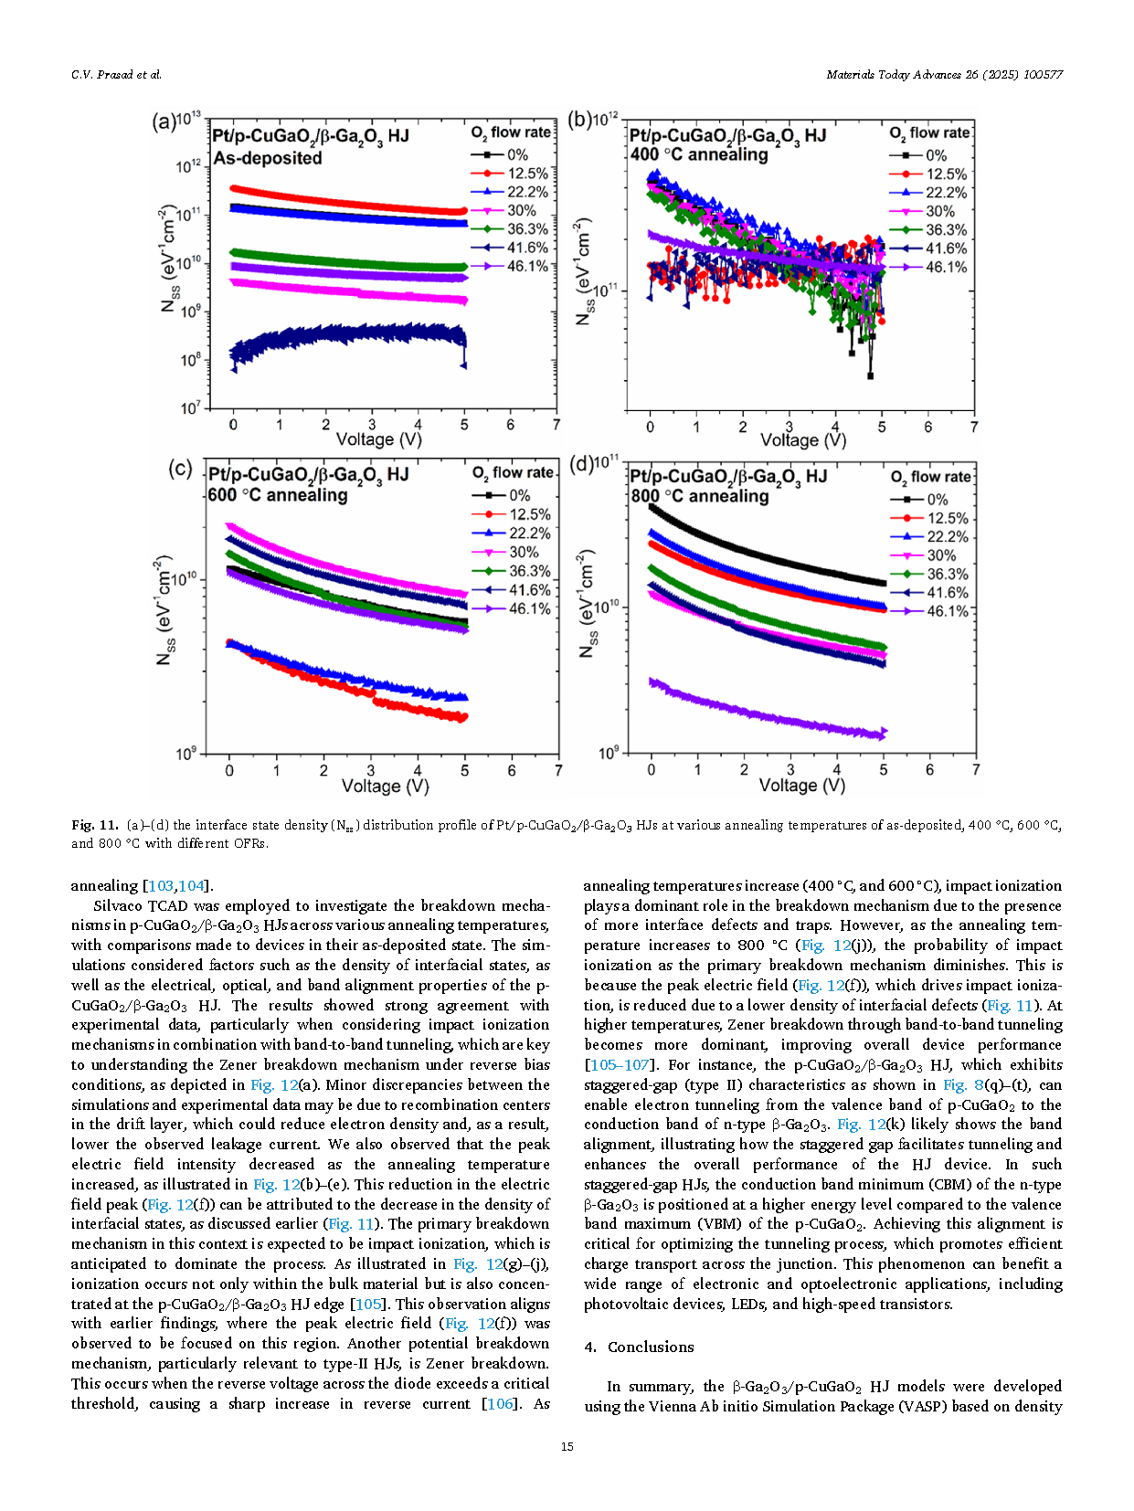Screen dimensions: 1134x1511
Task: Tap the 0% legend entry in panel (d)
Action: click(919, 500)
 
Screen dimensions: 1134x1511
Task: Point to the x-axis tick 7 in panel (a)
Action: click(556, 425)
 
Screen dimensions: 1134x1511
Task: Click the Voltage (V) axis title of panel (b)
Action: click(803, 440)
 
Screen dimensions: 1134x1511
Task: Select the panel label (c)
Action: click(180, 470)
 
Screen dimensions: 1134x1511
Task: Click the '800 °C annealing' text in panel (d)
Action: click(700, 496)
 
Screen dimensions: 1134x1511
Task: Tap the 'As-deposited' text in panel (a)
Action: click(268, 158)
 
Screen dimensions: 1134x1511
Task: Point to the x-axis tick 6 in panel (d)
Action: click(929, 769)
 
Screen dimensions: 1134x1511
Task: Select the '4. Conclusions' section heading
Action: click(639, 1347)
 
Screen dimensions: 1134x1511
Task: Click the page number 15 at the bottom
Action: click(567, 1446)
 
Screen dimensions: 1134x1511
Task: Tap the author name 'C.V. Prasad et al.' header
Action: click(116, 74)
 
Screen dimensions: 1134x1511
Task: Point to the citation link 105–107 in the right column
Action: click(620, 1065)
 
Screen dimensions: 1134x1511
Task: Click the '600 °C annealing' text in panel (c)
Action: click(278, 496)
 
